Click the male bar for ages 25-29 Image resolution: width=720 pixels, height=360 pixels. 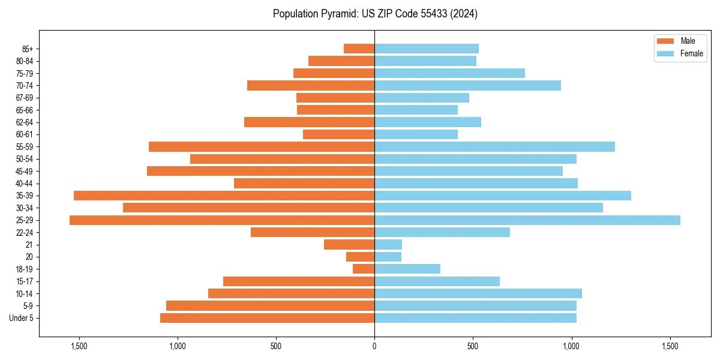coord(222,220)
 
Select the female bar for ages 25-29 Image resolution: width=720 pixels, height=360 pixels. coord(527,220)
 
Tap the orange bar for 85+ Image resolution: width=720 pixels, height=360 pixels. coord(359,49)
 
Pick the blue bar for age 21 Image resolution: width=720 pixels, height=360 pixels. coord(388,245)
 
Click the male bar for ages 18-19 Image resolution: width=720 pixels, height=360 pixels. coord(364,269)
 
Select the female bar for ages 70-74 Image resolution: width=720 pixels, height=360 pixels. coord(467,86)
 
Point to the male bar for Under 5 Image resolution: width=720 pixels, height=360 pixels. coord(267,318)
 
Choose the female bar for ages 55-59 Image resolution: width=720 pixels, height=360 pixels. coord(494,147)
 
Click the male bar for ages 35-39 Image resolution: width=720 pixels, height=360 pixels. coord(224,196)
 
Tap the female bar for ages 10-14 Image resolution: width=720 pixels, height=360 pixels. coord(478,293)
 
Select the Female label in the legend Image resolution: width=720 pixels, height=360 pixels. coord(691,53)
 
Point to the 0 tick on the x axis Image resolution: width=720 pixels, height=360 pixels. coord(374,346)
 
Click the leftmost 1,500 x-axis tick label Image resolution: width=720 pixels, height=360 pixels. coord(79,346)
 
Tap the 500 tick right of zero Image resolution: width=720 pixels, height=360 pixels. coord(473,346)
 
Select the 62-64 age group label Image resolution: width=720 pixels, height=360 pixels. coord(25,122)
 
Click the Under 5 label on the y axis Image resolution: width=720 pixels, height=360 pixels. coord(22,318)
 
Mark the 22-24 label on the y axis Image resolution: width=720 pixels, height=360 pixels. coord(25,232)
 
